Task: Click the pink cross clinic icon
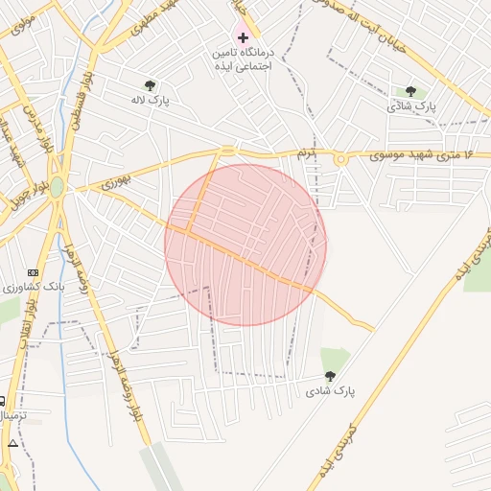pyautogui.click(x=243, y=36)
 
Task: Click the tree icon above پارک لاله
pyautogui.click(x=149, y=85)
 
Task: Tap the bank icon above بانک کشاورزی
pyautogui.click(x=34, y=272)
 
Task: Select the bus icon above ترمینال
pyautogui.click(x=2, y=402)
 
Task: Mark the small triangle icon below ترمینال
pyautogui.click(x=12, y=444)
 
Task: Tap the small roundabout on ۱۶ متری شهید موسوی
pyautogui.click(x=341, y=159)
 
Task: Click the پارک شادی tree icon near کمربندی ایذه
pyautogui.click(x=331, y=377)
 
